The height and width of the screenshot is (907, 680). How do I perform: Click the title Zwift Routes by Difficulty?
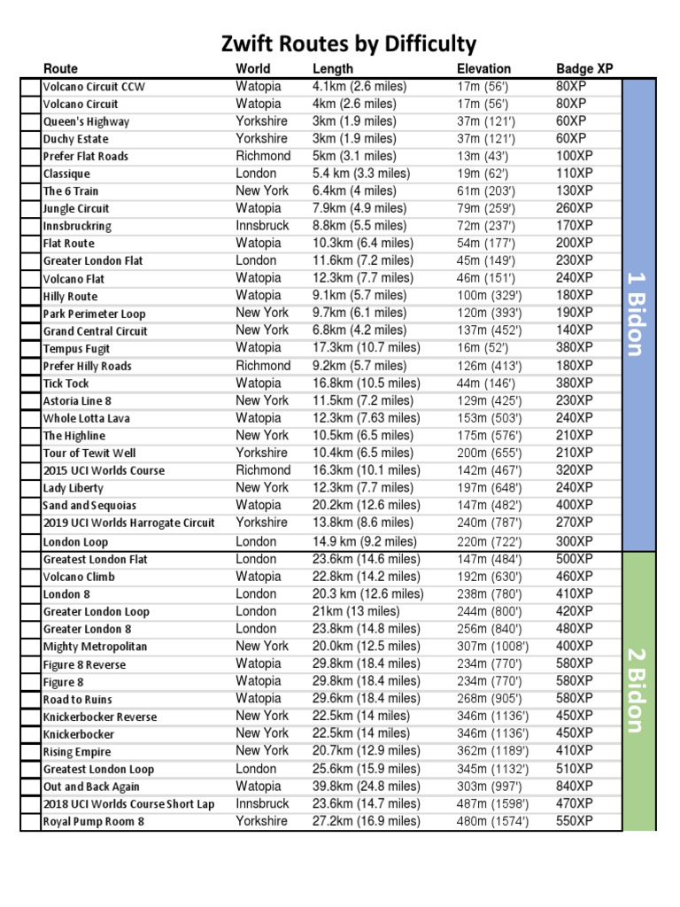(x=348, y=43)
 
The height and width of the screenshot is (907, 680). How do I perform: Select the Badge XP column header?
(x=584, y=68)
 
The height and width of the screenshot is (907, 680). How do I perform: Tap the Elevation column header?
(x=483, y=68)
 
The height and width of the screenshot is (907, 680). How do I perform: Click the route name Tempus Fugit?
(x=77, y=348)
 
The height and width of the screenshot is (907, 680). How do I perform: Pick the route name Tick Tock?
(x=66, y=384)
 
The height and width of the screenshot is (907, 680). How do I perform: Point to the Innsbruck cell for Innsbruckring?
(x=262, y=226)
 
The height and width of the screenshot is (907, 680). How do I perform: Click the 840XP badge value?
(x=573, y=786)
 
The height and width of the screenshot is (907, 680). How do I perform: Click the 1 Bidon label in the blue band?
(x=638, y=314)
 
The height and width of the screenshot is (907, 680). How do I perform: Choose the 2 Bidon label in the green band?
(x=638, y=690)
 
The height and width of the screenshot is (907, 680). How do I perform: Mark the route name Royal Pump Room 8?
(x=94, y=821)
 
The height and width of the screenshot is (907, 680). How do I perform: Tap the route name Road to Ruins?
(x=78, y=699)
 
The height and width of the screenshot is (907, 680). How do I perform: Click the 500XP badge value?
(x=573, y=559)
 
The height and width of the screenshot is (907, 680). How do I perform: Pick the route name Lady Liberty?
(x=73, y=488)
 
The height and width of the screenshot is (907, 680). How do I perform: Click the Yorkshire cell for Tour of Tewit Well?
(x=261, y=453)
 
